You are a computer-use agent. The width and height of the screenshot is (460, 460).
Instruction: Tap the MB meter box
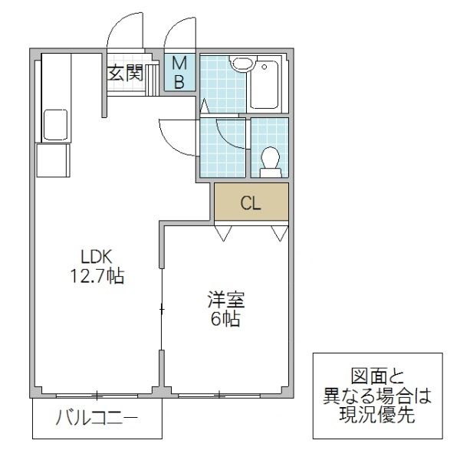coord(179,72)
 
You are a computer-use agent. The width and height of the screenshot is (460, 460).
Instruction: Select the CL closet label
coord(251,203)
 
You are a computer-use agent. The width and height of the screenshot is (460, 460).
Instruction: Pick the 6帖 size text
coord(225,319)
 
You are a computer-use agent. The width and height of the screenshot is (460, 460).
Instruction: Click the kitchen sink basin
coord(55,125)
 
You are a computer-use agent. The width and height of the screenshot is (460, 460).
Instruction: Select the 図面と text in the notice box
coord(377,377)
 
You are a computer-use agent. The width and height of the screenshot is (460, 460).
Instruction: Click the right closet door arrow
coord(279,232)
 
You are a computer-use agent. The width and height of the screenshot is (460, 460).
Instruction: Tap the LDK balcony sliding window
coord(97,396)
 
